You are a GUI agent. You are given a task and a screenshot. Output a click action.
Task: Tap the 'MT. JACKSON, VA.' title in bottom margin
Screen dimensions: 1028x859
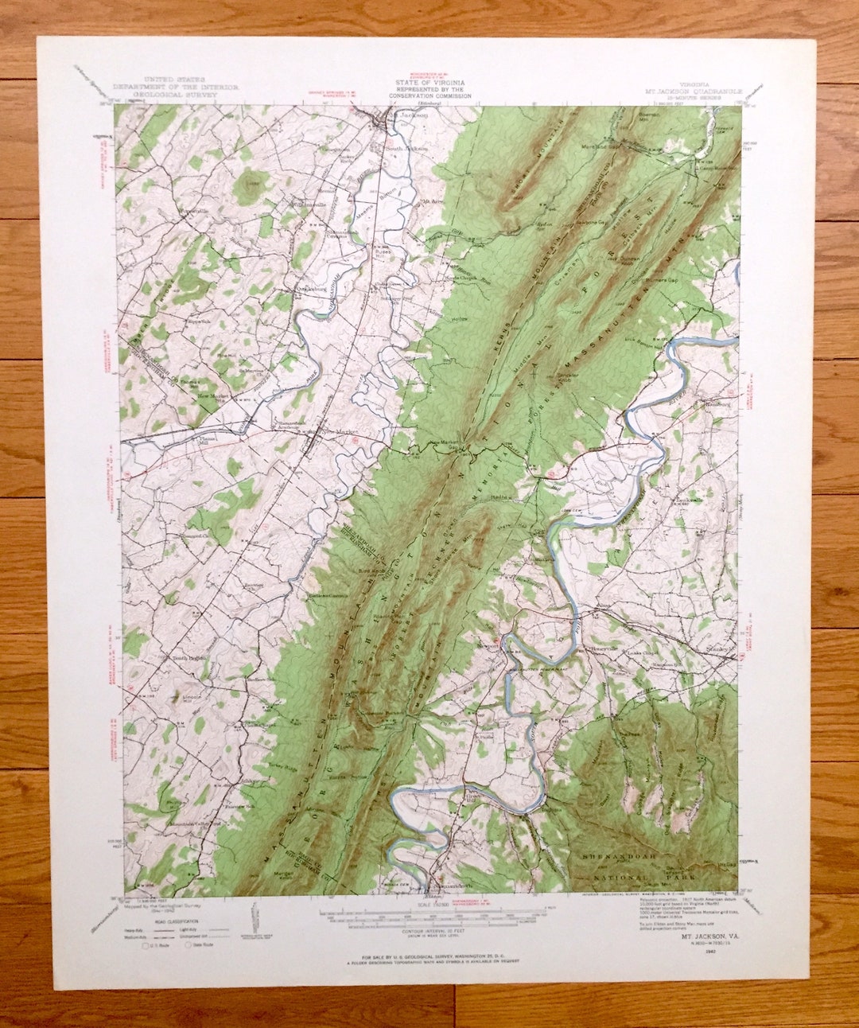point(707,936)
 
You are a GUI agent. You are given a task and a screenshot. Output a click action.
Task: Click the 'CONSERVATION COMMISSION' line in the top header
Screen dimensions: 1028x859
point(429,96)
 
